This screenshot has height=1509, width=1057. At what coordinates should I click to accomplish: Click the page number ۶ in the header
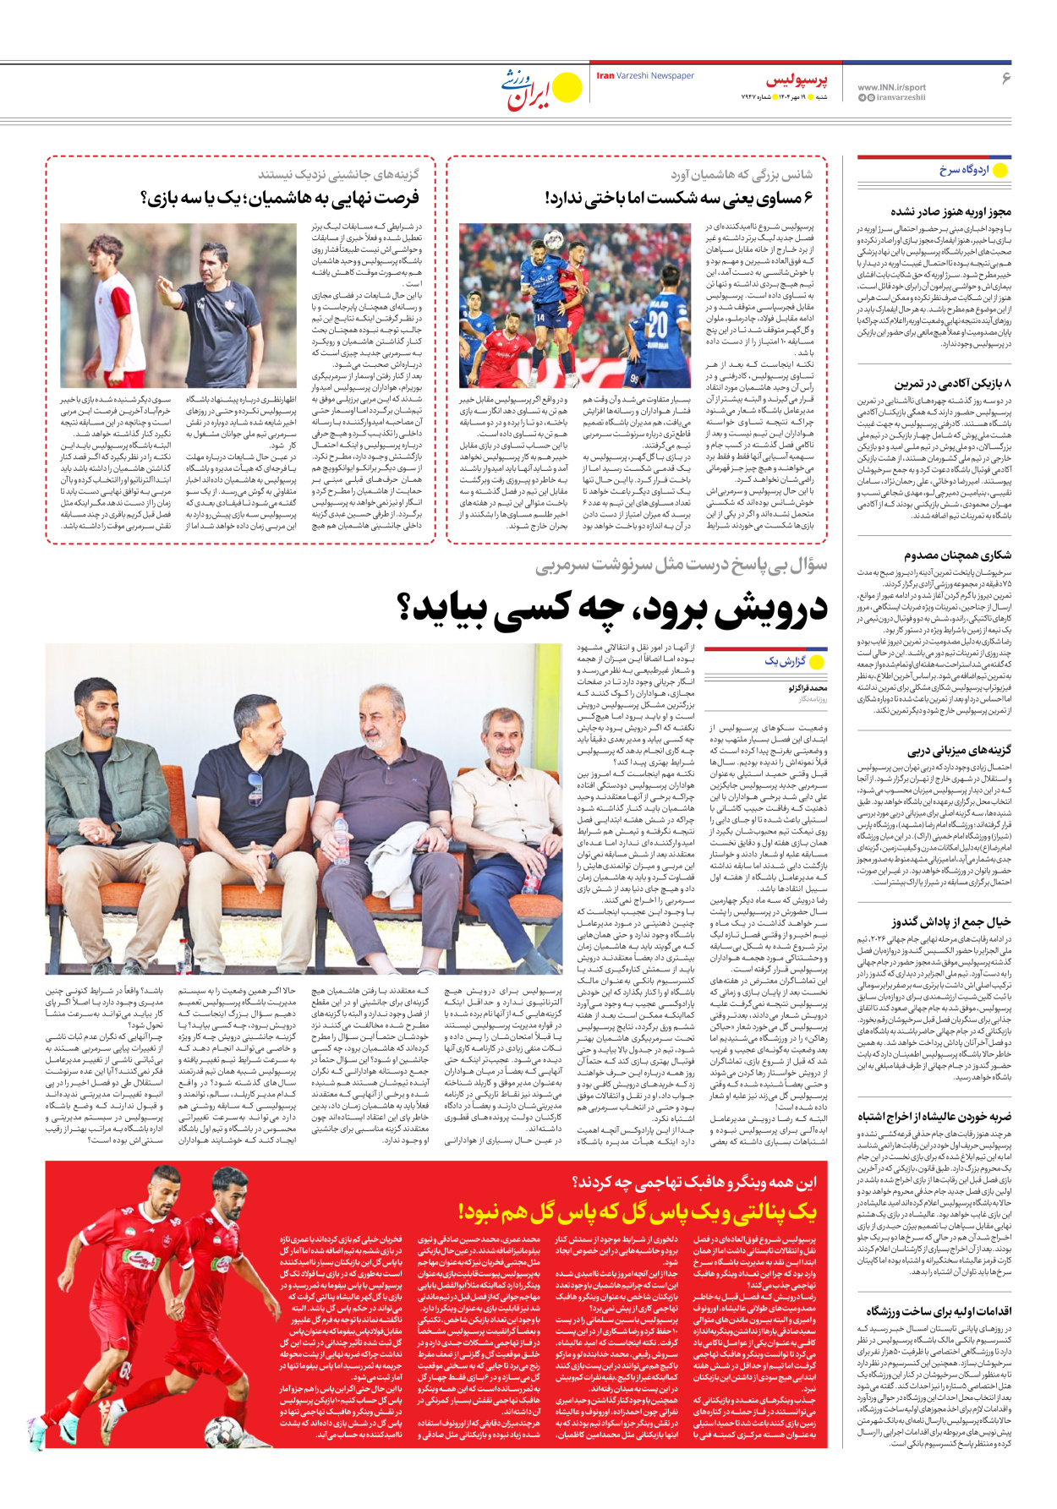click(1005, 78)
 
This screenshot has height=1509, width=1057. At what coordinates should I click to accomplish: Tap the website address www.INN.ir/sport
click(891, 87)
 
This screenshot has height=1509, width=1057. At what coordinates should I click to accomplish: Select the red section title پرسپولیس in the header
click(797, 80)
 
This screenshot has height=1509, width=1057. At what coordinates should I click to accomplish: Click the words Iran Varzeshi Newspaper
click(645, 76)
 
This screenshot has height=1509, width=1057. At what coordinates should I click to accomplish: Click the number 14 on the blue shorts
click(539, 318)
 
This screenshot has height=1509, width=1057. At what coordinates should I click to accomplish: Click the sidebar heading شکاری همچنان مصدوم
click(957, 555)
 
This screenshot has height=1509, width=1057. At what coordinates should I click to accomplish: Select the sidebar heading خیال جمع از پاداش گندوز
click(950, 922)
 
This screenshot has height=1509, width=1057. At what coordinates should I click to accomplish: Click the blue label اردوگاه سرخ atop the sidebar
click(963, 170)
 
